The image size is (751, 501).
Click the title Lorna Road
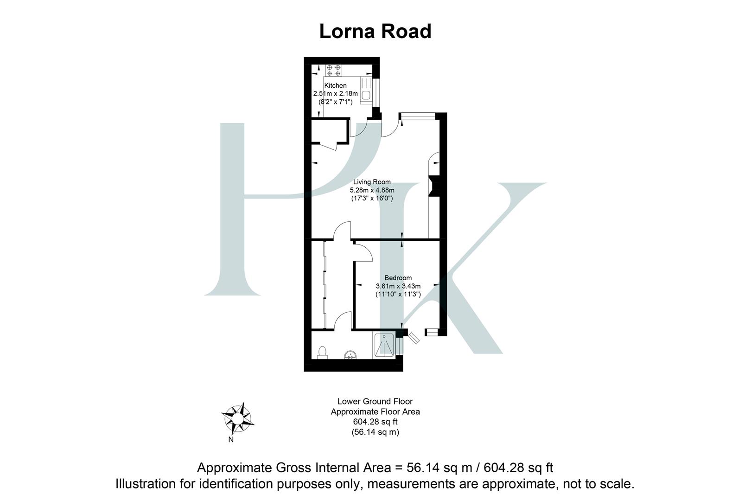tap(375, 32)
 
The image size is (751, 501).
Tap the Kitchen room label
tap(335, 85)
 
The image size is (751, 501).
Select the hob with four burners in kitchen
tap(334, 70)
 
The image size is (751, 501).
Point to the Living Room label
tap(372, 182)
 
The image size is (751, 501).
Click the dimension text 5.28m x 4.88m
tap(372, 190)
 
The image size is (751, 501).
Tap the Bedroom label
tap(398, 278)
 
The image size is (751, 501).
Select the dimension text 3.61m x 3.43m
tap(398, 286)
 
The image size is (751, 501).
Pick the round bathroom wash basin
tap(351, 355)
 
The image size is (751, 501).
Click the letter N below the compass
tap(231, 440)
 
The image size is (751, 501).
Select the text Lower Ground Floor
tap(375, 401)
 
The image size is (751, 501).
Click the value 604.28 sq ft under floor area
tap(375, 422)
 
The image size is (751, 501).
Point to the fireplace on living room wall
tap(433, 186)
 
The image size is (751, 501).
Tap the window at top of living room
tap(417, 116)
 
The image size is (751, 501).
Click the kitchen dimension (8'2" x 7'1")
tap(335, 102)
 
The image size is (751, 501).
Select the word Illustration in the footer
tap(147, 484)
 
